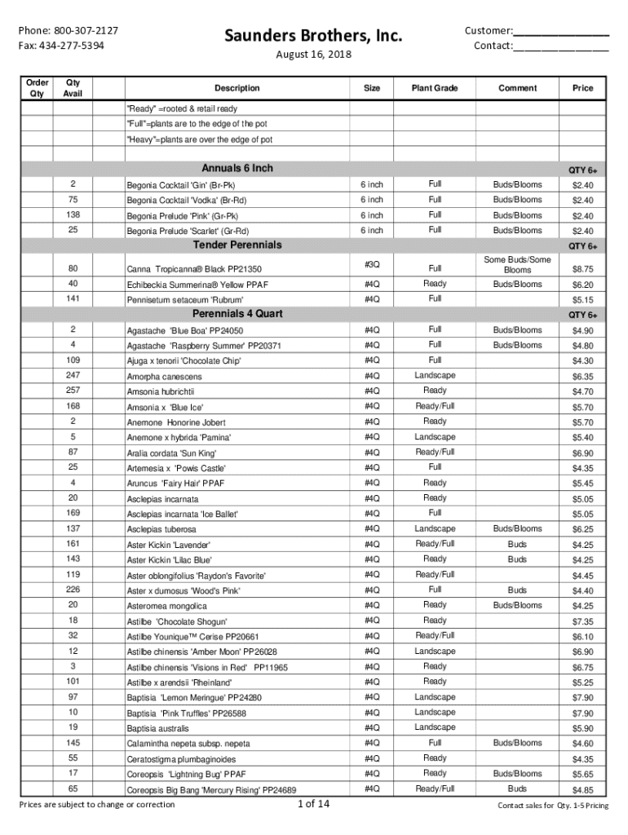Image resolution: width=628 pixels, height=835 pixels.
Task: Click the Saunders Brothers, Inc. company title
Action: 314,36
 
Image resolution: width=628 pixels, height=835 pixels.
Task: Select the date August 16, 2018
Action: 314,54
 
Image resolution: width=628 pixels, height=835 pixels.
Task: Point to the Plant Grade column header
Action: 435,88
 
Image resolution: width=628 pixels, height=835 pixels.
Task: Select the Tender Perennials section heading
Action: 237,245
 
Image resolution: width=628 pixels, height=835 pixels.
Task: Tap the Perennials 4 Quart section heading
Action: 237,314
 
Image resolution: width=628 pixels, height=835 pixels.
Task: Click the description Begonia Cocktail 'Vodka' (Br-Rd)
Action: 186,201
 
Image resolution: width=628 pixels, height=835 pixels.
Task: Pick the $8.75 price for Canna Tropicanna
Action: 582,268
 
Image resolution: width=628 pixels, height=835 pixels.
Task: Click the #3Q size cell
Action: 372,264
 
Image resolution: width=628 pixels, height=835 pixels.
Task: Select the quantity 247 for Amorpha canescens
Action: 73,375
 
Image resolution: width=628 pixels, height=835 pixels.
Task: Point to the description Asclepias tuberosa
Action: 161,529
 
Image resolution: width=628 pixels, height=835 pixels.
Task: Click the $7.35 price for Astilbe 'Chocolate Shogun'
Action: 582,621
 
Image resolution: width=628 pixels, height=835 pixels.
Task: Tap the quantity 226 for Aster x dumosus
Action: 73,590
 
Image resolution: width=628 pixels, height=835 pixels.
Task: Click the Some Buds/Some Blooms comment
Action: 517,264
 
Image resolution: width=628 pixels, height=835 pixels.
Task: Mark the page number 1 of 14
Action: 314,804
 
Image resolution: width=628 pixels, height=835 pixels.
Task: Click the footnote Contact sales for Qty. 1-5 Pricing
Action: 553,806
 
